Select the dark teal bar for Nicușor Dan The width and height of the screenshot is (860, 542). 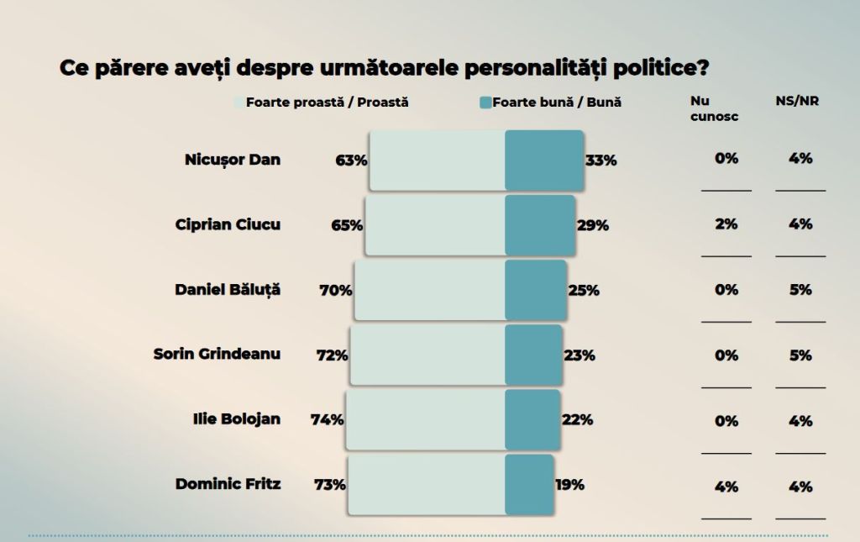(x=543, y=160)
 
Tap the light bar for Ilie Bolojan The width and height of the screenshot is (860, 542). (x=425, y=419)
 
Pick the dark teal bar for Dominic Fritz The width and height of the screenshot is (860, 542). (x=529, y=484)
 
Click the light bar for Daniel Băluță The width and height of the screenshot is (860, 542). (x=429, y=290)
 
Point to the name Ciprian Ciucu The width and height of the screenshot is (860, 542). (x=228, y=224)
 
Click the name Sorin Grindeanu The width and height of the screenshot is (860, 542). (x=217, y=354)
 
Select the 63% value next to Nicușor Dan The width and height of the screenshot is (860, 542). (x=351, y=160)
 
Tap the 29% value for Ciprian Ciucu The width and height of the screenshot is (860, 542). (x=593, y=225)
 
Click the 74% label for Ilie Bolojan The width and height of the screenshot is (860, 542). (x=328, y=419)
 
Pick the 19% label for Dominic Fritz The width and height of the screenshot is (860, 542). (x=569, y=484)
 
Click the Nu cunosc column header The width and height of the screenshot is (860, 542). (x=714, y=109)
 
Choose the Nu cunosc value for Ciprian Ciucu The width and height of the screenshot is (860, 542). (x=726, y=224)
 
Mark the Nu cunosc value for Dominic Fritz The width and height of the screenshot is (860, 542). (x=726, y=486)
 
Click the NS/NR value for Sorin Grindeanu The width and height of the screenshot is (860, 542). (x=800, y=355)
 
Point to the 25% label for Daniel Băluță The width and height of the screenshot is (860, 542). (x=584, y=290)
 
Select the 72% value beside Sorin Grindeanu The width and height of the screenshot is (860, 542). (x=332, y=355)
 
